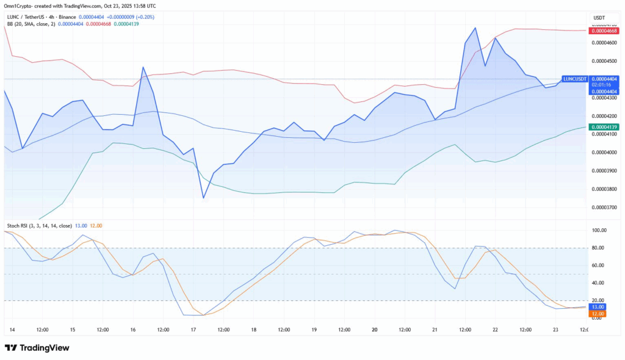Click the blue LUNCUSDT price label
pos(574,79)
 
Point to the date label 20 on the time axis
pos(374,329)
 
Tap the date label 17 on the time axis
pos(193,329)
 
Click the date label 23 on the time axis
pos(555,329)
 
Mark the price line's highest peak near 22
pos(475,27)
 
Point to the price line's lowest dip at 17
pos(204,198)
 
